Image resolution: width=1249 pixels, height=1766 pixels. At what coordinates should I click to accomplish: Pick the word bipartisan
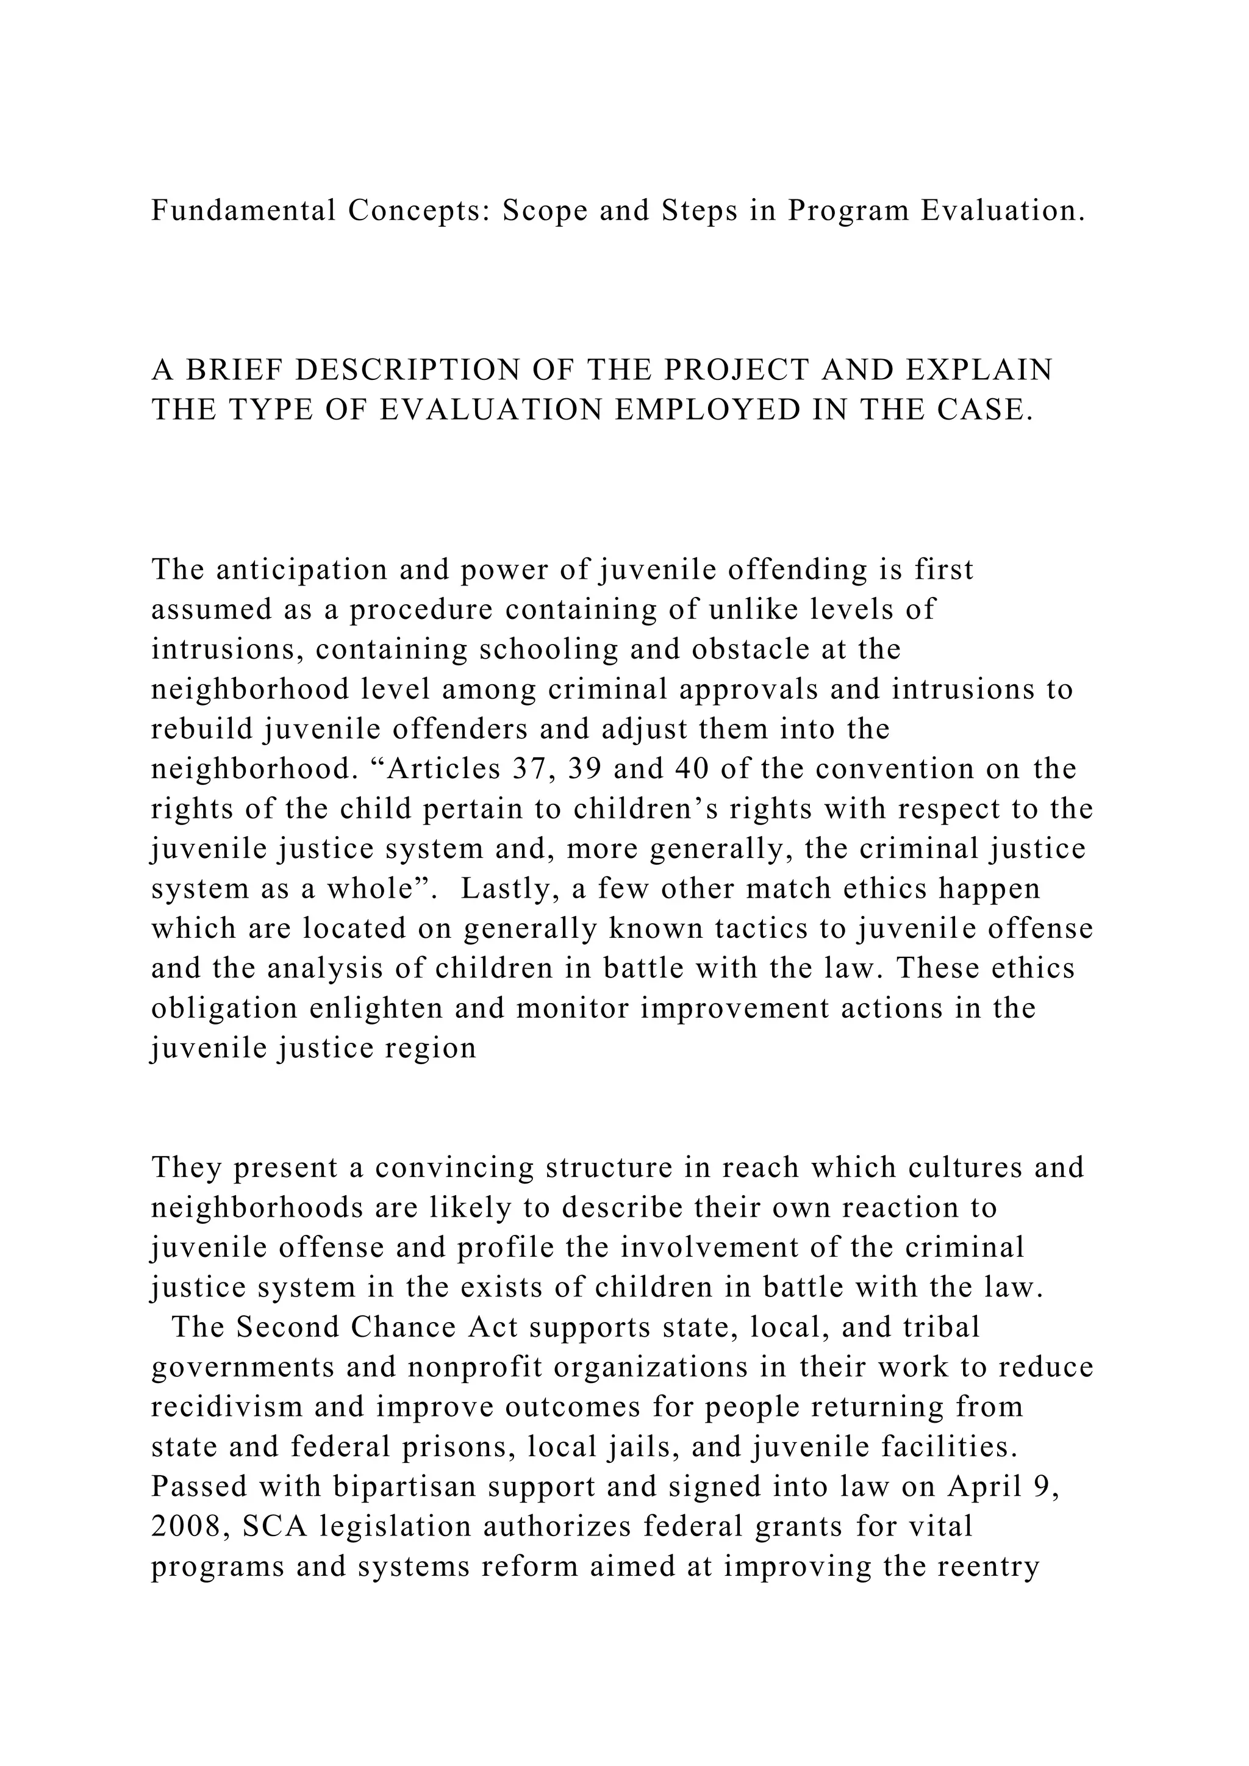[x=403, y=1486]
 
